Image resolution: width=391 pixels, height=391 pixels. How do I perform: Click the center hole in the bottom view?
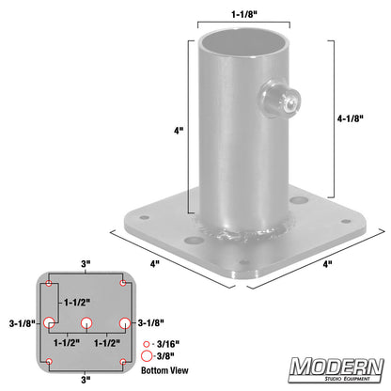pos(86,322)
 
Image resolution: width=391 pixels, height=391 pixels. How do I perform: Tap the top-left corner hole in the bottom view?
pos(48,283)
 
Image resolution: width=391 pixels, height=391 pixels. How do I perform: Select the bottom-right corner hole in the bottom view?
pos(123,362)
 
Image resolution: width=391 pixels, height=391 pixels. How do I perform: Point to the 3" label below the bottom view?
pos(86,380)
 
